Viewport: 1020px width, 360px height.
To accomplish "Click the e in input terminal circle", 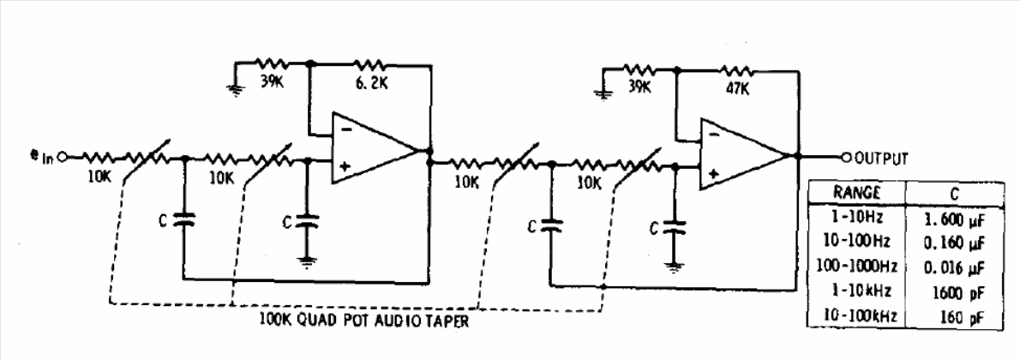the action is (63, 157).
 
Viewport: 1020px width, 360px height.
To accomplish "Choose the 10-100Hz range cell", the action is (855, 242).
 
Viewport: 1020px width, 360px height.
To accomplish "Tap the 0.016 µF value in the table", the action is (953, 267).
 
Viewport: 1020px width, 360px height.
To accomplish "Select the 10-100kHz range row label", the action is (856, 316).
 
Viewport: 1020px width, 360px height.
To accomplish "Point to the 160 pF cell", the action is (962, 318).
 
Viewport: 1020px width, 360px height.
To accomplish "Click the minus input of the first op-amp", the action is (347, 129).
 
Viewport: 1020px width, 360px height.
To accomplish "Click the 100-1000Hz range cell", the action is (856, 267).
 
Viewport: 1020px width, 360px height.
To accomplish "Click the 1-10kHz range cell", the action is (856, 291).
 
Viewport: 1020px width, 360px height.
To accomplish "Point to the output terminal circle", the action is (846, 157).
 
